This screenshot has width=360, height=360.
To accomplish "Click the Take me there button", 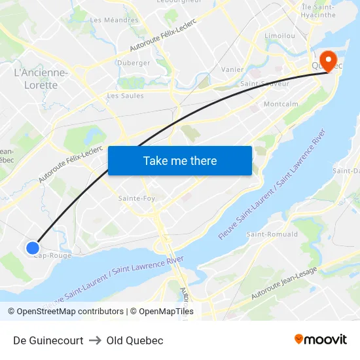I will point(180,160).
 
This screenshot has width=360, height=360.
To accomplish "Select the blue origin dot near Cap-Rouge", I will point(33,247).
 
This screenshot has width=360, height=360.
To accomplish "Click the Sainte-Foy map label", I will point(137,198).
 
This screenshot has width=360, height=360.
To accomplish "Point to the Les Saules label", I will point(125,96).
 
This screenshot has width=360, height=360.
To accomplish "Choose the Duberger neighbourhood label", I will point(134,63).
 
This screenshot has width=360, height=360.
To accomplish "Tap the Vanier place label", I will point(233,69).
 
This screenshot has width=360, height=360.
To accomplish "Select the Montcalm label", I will point(281,104).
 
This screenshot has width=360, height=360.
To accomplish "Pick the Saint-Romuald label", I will point(272,234).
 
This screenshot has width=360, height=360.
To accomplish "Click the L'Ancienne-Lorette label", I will point(41,79).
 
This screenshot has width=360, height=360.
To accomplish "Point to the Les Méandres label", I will point(114,20).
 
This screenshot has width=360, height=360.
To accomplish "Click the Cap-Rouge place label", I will point(52,256).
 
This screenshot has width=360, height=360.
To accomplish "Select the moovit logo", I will point(321,339).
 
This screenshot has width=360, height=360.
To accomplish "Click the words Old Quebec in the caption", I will point(135,340).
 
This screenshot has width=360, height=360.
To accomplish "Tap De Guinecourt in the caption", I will point(48,340).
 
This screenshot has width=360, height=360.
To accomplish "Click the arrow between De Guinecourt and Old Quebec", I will point(95,340).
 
